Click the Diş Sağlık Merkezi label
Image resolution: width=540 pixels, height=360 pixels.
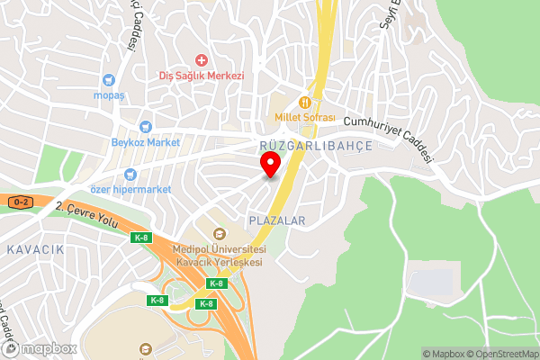202,76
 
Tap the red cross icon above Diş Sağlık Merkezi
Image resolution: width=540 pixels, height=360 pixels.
202,59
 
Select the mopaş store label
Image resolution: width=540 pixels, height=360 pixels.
108,94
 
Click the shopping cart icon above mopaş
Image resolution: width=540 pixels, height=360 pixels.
109,79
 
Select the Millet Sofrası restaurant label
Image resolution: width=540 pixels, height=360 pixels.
305,118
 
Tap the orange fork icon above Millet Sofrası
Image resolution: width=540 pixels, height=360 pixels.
306,103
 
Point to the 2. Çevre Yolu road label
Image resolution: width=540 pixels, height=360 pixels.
86,216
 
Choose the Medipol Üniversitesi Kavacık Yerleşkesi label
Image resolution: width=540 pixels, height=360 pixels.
220,255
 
